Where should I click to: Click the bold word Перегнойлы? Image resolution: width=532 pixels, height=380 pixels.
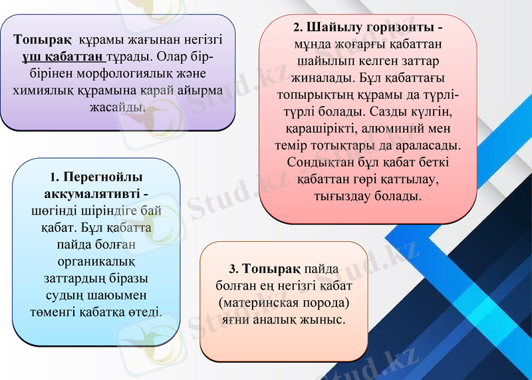tap(102, 177)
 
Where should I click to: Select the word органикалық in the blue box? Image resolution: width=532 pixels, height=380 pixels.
tap(96, 261)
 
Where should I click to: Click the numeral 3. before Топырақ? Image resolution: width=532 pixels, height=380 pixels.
tap(233, 270)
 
